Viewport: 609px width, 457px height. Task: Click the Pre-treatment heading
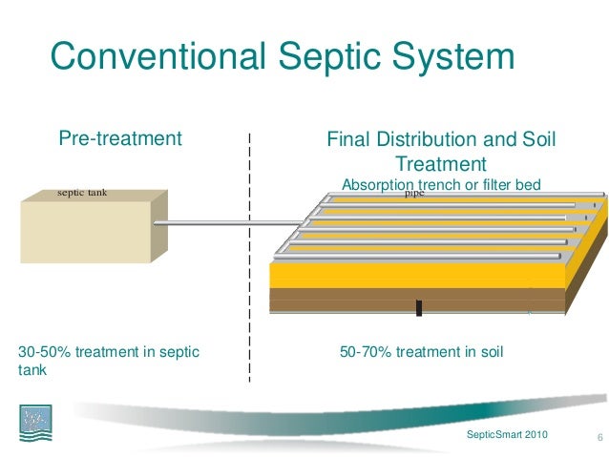coord(120,139)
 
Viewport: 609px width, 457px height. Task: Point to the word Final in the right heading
coord(348,140)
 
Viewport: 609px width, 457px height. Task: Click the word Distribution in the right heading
coord(438,140)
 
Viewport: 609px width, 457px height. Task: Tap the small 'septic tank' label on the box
coord(82,194)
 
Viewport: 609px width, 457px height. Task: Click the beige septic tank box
coord(86,229)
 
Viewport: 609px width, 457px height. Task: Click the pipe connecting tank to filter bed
coord(220,225)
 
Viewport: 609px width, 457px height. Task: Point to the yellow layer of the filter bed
coord(401,275)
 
